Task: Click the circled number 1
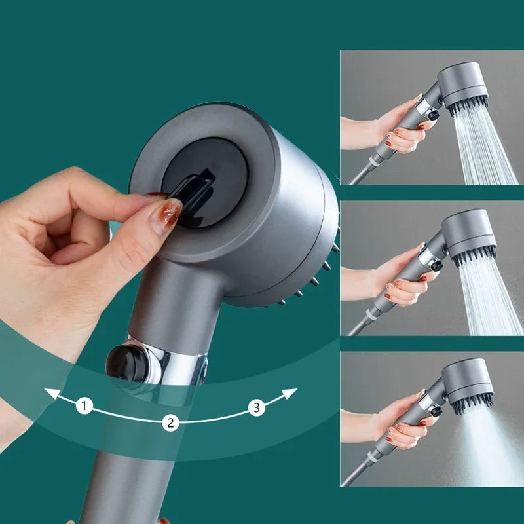pos(84,406)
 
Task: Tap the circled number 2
pos(170,422)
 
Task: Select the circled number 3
pos(257,407)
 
